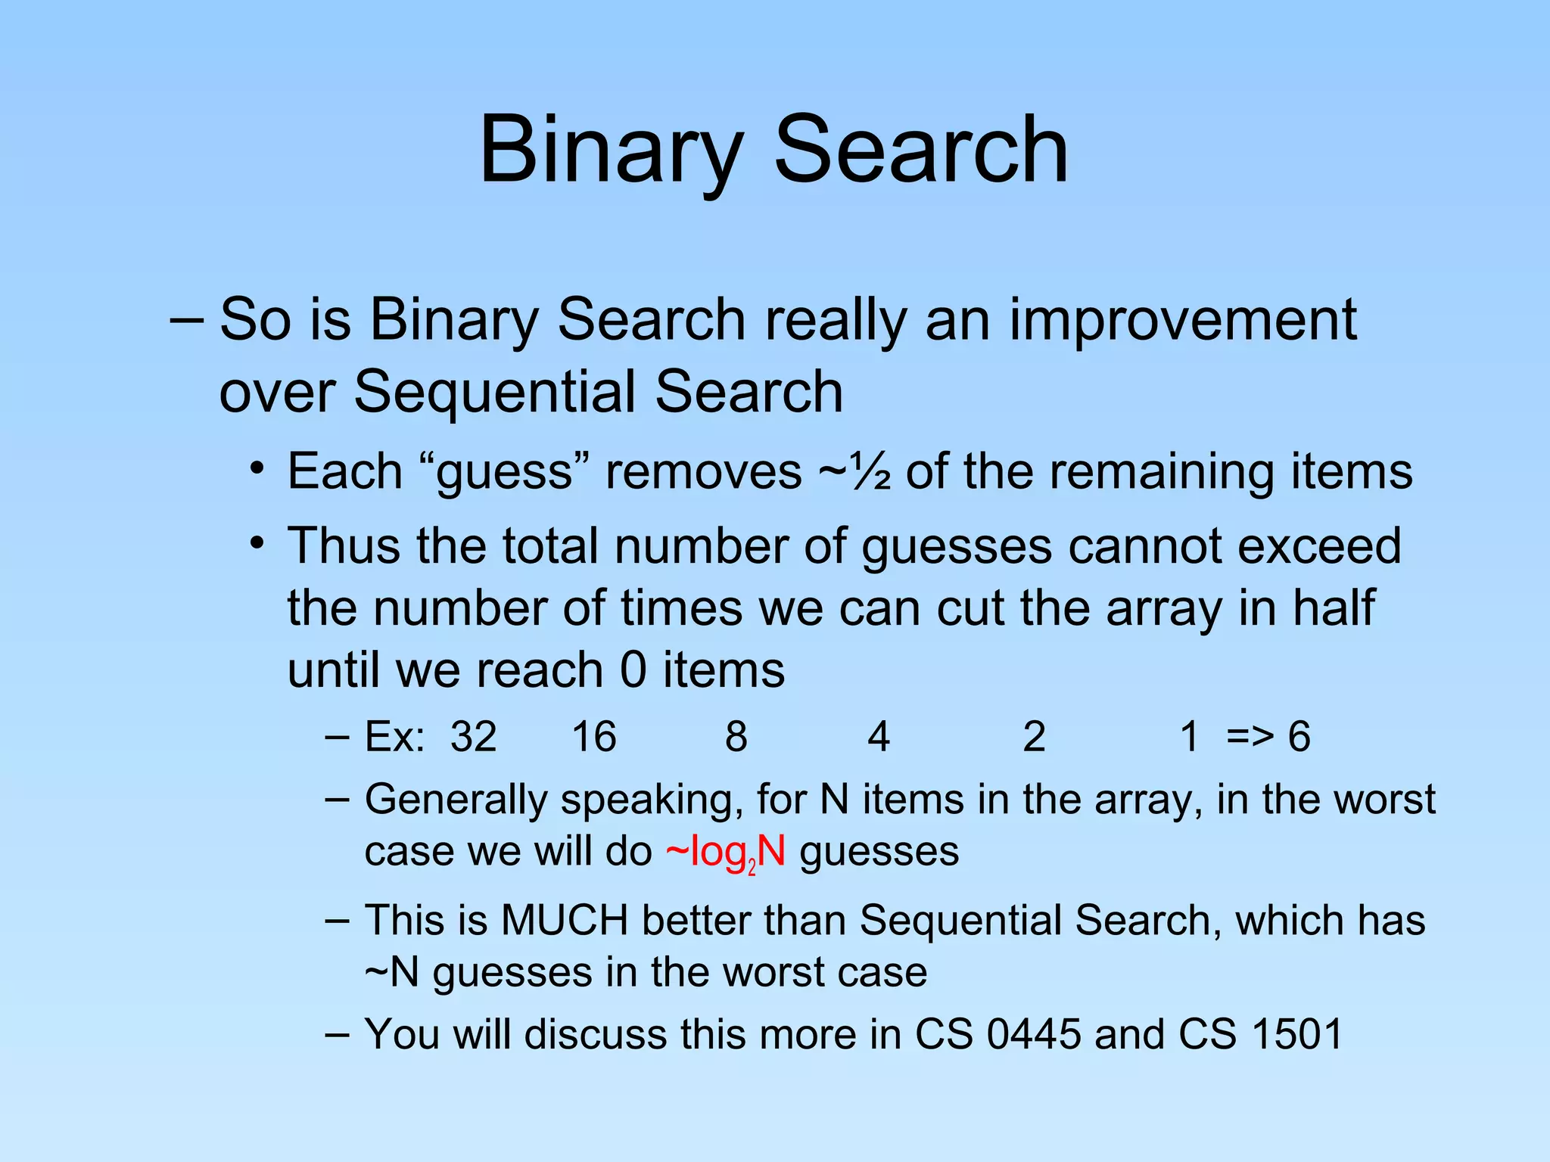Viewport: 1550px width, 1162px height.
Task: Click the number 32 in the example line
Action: [473, 737]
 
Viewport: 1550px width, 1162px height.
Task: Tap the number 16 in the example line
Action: [594, 737]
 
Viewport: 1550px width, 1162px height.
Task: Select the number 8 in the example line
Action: [736, 737]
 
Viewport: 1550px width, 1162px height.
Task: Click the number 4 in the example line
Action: [878, 737]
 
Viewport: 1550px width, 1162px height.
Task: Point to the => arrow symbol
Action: [1250, 737]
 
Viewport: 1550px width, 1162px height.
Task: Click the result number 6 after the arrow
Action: [1299, 737]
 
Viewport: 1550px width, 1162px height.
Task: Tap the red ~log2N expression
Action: [725, 853]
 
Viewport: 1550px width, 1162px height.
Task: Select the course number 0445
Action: [1033, 1034]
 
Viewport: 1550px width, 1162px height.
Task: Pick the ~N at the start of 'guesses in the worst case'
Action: [391, 973]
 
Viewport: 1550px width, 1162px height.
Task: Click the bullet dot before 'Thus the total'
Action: [258, 543]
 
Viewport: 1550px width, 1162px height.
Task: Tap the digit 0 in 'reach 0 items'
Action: [633, 671]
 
